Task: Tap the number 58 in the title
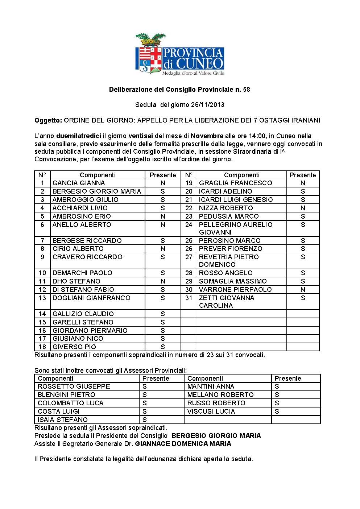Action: pos(246,90)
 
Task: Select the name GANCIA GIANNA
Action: pos(79,183)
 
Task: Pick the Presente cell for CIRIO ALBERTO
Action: pos(162,249)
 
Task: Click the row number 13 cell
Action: pos(42,298)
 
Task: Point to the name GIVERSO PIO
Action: pos(74,347)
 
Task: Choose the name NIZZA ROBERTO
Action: pos(225,208)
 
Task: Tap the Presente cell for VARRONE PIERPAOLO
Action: pos(303,290)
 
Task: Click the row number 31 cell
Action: pos(189,298)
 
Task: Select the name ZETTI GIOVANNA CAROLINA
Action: pos(226,302)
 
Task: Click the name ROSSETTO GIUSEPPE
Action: pos(74,386)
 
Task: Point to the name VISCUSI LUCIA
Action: pos(211,411)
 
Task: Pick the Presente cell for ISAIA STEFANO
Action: pos(145,420)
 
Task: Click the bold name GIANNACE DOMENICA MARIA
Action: pos(183,444)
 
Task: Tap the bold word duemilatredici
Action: pos(78,136)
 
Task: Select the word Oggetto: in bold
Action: pos(48,120)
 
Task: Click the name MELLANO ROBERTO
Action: pos(220,395)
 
